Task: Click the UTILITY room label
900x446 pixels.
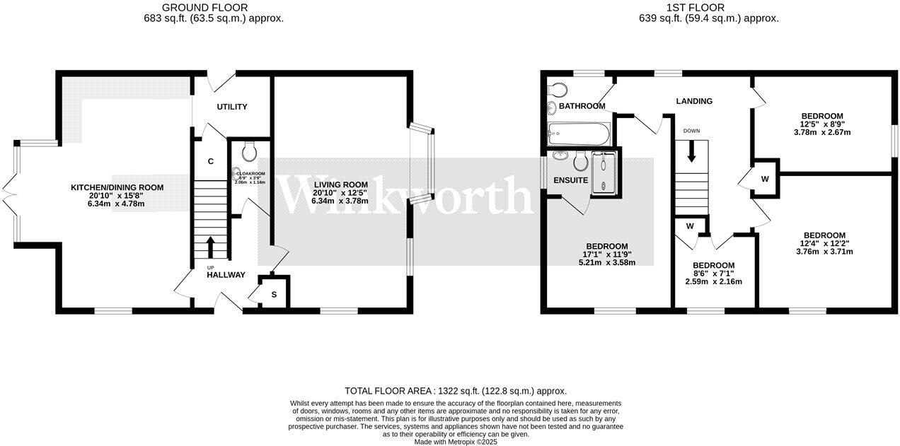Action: [x=232, y=107]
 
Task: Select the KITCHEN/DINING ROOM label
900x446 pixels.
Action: [x=117, y=187]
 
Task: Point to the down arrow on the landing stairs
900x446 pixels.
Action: [x=691, y=151]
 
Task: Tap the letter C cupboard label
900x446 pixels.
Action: [x=211, y=161]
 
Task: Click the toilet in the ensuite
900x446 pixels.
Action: [x=581, y=163]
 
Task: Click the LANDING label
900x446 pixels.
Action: [x=694, y=101]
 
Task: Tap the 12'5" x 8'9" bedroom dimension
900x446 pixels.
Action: [x=821, y=124]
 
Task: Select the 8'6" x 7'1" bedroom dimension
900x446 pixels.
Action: [x=714, y=274]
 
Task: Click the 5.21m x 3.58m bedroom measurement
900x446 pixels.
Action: [x=606, y=262]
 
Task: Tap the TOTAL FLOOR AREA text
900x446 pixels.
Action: [x=455, y=391]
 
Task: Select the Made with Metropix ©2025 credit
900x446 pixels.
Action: [x=456, y=442]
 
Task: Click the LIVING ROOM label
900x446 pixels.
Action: [x=341, y=184]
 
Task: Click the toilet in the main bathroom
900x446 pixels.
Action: [x=558, y=90]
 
